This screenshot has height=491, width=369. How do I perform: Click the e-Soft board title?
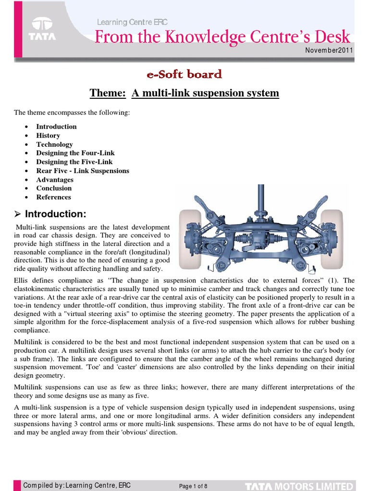(x=184, y=74)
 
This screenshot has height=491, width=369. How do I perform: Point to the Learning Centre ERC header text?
(x=132, y=22)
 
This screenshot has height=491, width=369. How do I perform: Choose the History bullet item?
(x=48, y=136)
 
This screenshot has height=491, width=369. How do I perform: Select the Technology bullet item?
(x=54, y=144)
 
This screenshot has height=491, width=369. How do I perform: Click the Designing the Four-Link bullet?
(x=75, y=153)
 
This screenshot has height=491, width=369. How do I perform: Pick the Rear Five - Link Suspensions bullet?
(x=83, y=171)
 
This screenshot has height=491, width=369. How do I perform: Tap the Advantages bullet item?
(x=55, y=180)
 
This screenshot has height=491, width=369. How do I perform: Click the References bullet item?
(x=53, y=197)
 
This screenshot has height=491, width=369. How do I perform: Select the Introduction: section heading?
(x=55, y=214)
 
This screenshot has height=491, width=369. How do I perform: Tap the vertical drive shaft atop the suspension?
(x=261, y=201)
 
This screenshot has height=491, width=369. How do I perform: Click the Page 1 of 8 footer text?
(x=193, y=486)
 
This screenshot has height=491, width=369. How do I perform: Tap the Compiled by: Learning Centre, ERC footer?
(x=77, y=485)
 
